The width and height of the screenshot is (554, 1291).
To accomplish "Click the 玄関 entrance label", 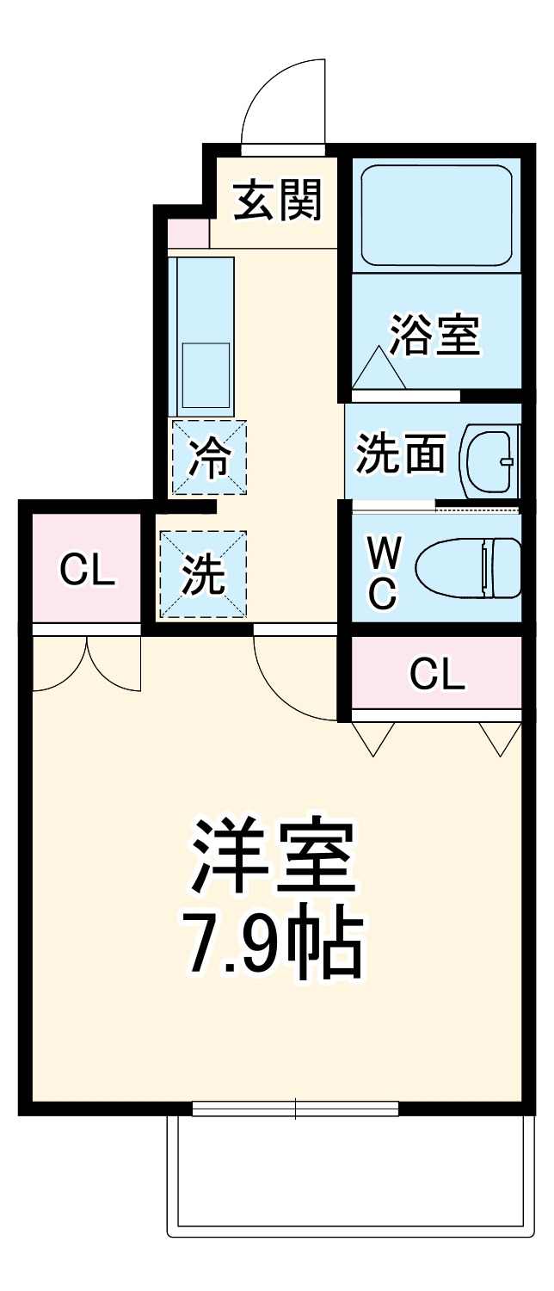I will click(278, 200).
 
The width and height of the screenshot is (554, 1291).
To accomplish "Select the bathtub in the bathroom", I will click(436, 214).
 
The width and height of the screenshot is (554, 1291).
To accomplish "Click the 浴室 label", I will click(434, 335).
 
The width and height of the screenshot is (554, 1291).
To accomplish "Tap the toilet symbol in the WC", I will click(469, 568).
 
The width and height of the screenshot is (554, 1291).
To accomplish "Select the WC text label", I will click(383, 571).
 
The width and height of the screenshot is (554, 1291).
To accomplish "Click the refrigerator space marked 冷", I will click(209, 457).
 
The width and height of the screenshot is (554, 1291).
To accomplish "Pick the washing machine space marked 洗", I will click(204, 574).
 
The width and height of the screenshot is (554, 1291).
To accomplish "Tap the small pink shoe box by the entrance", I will click(188, 233).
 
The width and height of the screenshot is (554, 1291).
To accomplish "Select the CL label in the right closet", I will click(437, 674).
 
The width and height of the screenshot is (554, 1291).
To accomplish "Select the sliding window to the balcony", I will click(295, 1109).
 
